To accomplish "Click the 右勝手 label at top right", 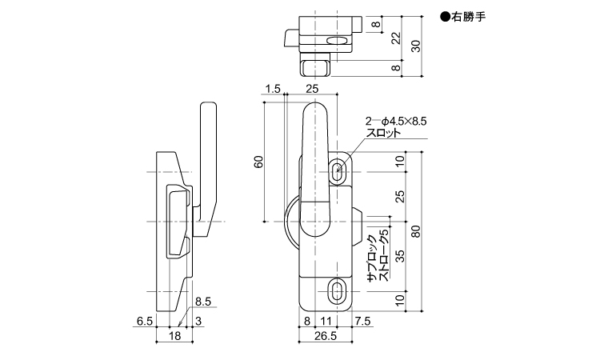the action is coord(469,18).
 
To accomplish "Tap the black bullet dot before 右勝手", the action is coord(445,18).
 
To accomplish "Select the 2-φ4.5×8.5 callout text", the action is coord(396,122).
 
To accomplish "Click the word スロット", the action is coord(383,133).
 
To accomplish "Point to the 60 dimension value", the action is coord(259,162).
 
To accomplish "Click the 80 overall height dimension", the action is coord(416,231).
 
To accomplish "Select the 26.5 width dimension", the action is coord(326,336).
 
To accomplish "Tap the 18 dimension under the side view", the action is coord(174,336).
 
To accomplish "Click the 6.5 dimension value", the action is coord(145,321).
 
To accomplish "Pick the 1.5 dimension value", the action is coord(273,89).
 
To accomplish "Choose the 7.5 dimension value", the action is coord(362,321).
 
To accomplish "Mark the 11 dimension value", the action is coord(326,321).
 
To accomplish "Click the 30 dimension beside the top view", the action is coord(416,46).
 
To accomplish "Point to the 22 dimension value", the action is coord(397,38).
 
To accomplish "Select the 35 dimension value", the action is coord(399,256).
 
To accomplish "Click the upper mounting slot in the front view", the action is coord(338,169).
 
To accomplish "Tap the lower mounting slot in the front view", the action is coord(338,291).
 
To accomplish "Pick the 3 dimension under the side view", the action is coord(198,321).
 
